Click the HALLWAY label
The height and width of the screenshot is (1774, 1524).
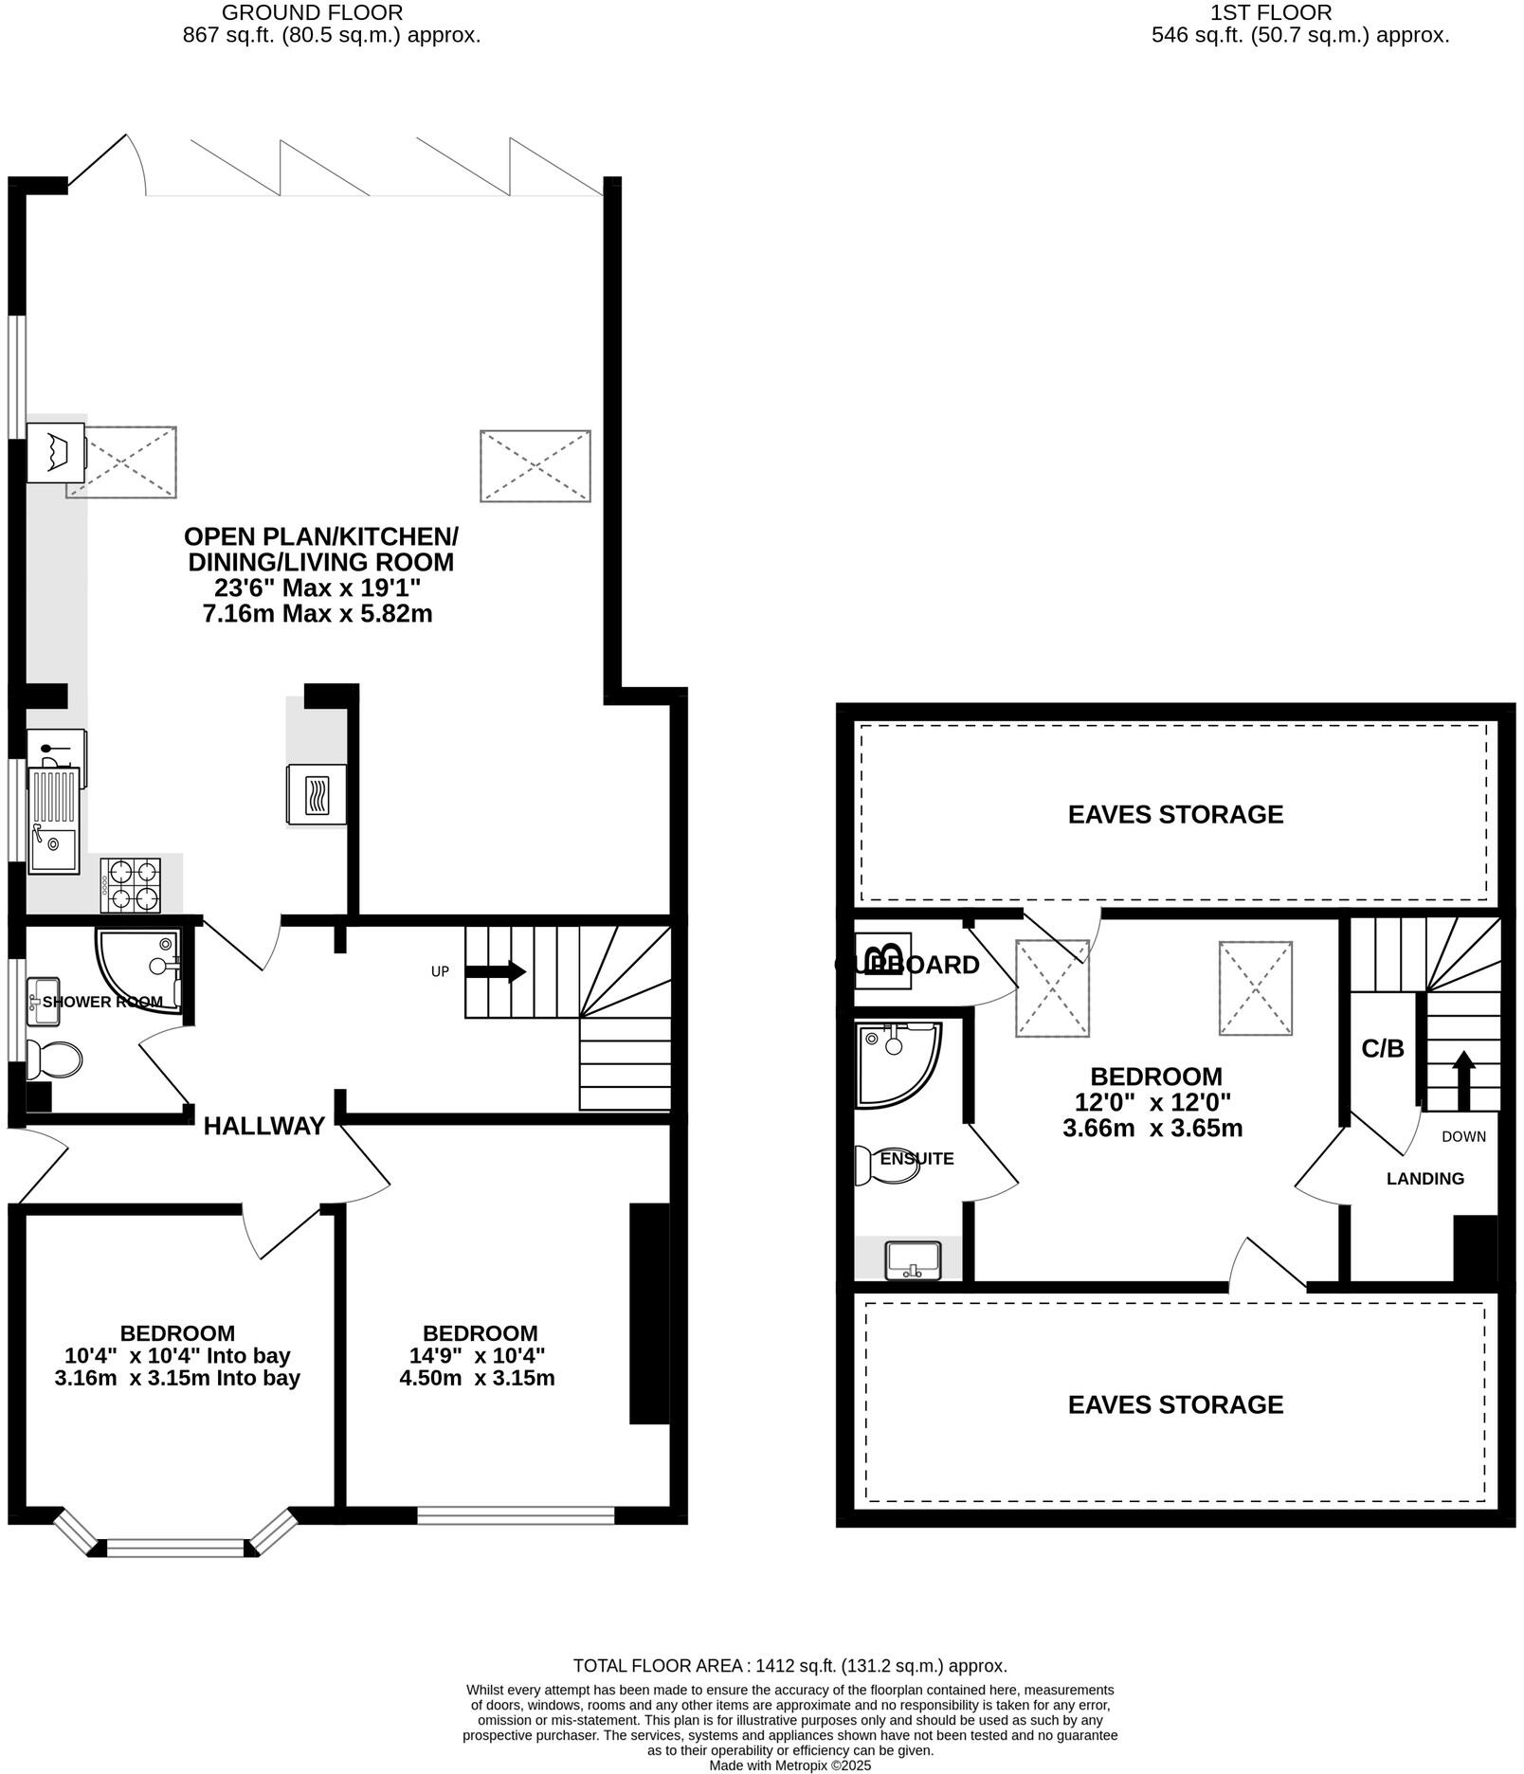click(x=264, y=1126)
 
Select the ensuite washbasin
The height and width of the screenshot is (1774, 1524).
click(x=913, y=1260)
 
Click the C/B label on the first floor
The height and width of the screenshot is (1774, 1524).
click(x=1383, y=1049)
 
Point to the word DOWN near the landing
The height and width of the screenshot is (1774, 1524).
click(x=1463, y=1136)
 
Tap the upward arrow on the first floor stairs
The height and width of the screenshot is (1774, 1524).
click(x=1464, y=1077)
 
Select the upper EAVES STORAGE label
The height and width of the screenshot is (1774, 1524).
click(x=1175, y=814)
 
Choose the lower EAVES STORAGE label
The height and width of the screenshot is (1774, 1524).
click(x=1175, y=1404)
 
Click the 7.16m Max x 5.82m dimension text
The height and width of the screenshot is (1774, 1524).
click(x=317, y=614)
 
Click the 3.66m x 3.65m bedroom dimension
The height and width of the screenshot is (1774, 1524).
click(x=1152, y=1129)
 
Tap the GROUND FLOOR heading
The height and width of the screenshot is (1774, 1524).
click(x=312, y=12)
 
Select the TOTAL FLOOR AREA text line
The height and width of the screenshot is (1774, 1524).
click(x=789, y=1666)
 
